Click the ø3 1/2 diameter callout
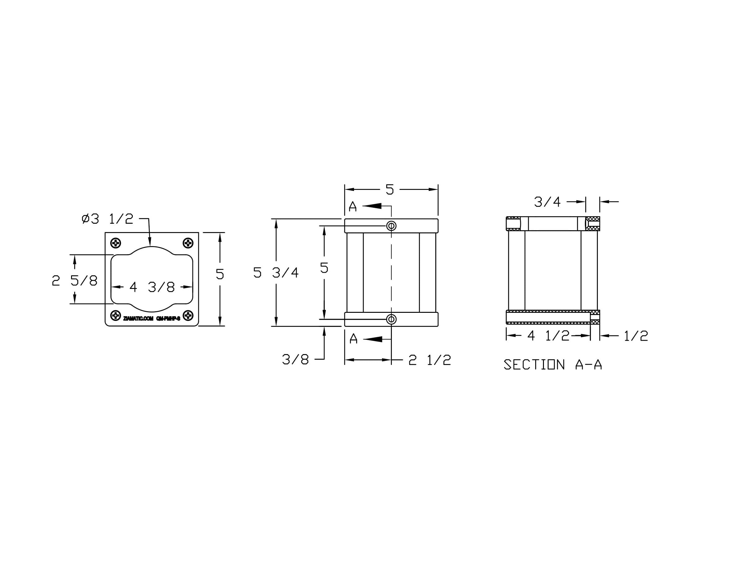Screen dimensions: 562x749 tap(107, 219)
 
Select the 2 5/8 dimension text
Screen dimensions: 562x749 tap(74, 281)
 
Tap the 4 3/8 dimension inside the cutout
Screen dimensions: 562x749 tap(152, 287)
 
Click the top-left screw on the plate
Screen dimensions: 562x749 tap(116, 243)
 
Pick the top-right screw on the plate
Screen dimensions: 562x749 tap(188, 243)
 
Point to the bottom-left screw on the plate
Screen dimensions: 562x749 tap(116, 315)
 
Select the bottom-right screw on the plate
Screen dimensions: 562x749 tap(188, 315)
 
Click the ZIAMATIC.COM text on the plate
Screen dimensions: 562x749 tap(138, 319)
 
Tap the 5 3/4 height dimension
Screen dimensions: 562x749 tap(276, 273)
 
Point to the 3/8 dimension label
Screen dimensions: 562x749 tap(295, 359)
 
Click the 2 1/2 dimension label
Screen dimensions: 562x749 tap(429, 360)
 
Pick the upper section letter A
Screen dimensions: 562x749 tap(352, 206)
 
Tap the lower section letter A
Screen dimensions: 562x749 tap(353, 339)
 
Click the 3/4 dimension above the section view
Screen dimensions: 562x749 tap(547, 202)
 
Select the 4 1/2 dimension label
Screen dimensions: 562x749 tap(548, 336)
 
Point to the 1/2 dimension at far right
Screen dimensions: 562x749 tap(636, 336)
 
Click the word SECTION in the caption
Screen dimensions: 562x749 tap(534, 365)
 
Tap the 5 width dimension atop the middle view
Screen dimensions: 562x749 tap(390, 190)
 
